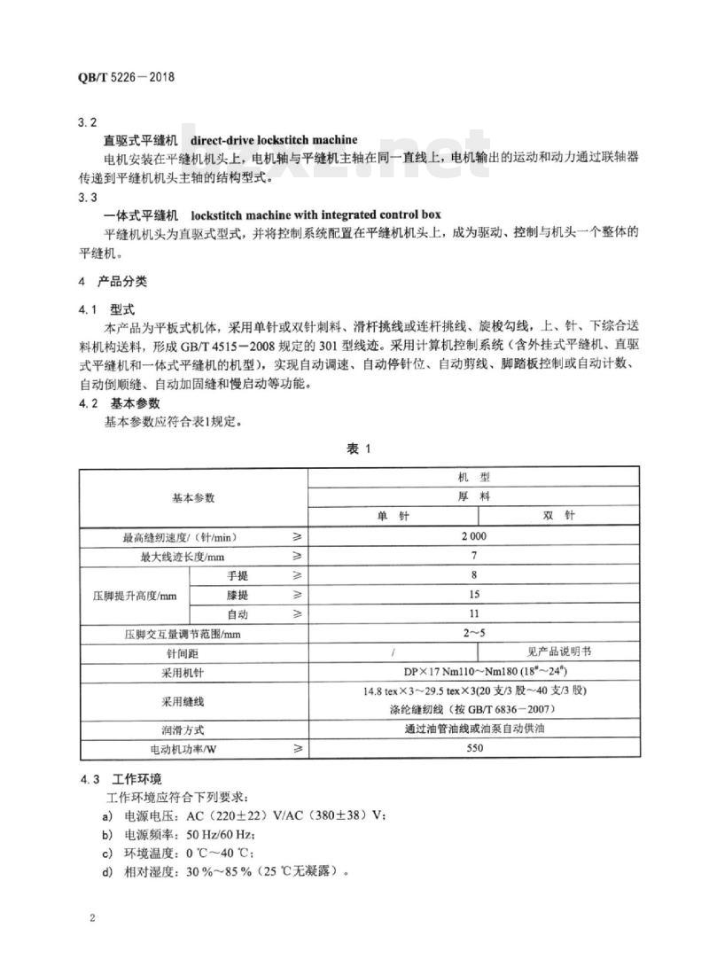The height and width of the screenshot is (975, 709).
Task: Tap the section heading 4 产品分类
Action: (x=113, y=282)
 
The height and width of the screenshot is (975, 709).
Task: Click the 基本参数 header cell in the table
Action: (x=193, y=498)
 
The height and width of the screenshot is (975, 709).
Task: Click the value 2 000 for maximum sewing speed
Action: (x=473, y=536)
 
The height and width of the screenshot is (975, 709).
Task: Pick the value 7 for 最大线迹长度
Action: (x=473, y=556)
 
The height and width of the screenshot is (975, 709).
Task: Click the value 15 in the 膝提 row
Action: (x=473, y=595)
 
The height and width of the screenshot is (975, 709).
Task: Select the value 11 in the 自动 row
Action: (x=473, y=614)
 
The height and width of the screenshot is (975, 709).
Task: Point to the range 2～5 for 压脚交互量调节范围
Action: (x=473, y=634)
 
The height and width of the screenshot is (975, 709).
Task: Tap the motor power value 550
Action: (x=473, y=749)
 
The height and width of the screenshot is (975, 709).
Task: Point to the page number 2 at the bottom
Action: (x=92, y=916)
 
